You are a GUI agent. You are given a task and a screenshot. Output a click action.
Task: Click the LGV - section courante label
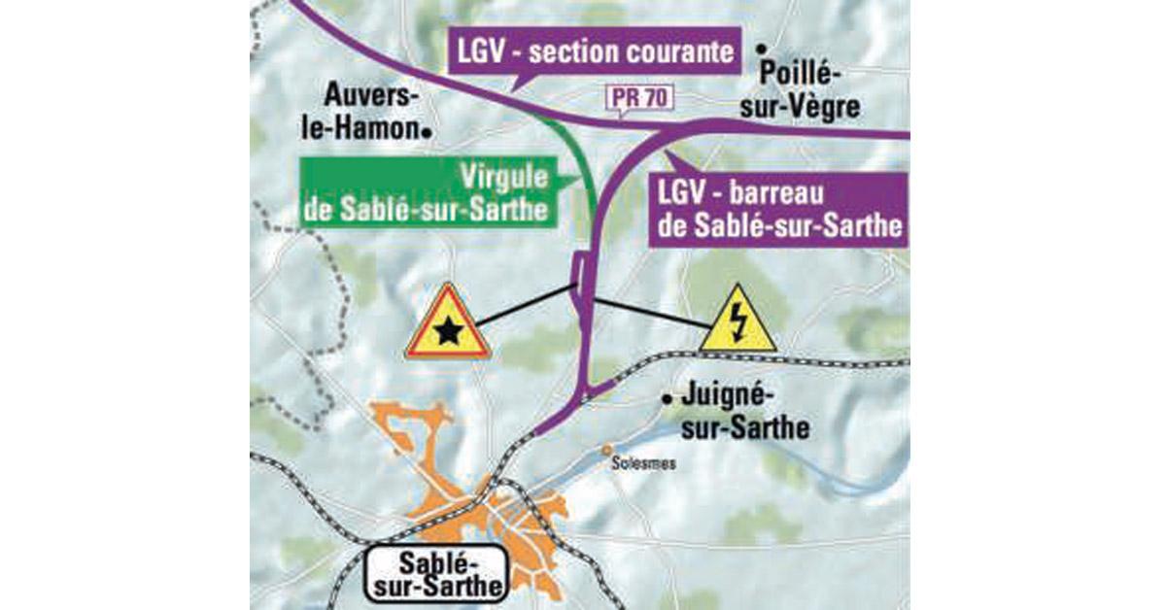pyautogui.click(x=593, y=52)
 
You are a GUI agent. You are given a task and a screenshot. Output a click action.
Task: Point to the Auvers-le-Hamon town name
pyautogui.click(x=371, y=112)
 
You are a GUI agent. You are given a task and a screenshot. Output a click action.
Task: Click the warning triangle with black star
pyautogui.click(x=448, y=326)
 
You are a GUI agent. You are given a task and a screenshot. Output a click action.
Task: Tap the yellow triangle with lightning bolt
pyautogui.click(x=737, y=323)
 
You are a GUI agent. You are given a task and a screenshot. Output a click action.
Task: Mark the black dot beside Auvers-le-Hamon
pyautogui.click(x=426, y=128)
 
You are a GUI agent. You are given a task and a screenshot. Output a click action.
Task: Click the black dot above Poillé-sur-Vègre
pyautogui.click(x=764, y=47)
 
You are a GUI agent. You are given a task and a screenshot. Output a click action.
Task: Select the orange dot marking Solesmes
pyautogui.click(x=607, y=450)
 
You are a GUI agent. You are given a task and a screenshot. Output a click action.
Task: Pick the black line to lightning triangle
pyautogui.click(x=646, y=312)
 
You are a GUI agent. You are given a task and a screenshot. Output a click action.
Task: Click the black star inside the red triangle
pyautogui.click(x=448, y=333)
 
